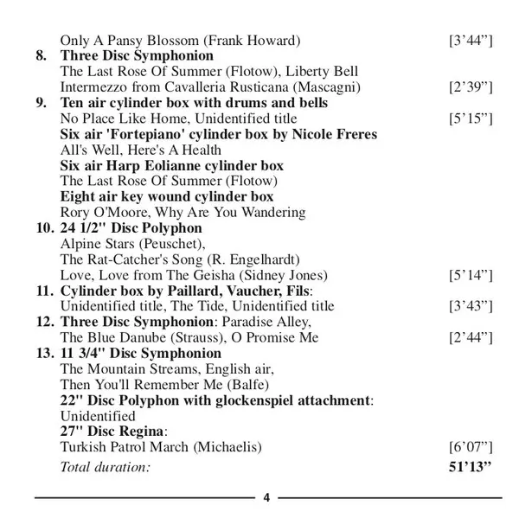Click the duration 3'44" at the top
tap(471, 41)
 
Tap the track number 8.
tap(42, 56)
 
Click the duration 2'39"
tap(471, 87)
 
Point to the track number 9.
tap(42, 103)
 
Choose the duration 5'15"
tap(471, 118)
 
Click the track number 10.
tap(44, 227)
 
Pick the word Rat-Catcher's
tap(124, 259)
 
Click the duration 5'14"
tap(471, 274)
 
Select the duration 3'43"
tap(471, 305)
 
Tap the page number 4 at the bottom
tap(266, 497)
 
